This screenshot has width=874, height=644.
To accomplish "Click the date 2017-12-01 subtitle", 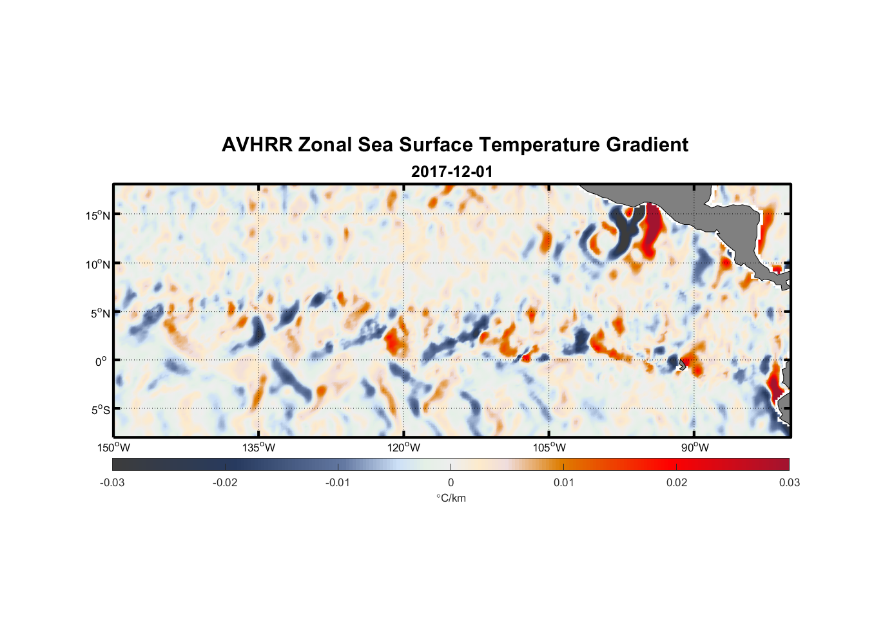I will pyautogui.click(x=452, y=172).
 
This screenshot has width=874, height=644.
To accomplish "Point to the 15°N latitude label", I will pyautogui.click(x=98, y=215).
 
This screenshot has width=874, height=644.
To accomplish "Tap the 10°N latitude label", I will pyautogui.click(x=98, y=264).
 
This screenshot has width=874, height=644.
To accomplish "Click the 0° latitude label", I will pyautogui.click(x=101, y=361).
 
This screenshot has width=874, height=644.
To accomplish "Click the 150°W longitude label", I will pyautogui.click(x=114, y=448).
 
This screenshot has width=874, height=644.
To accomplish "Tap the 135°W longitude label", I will pyautogui.click(x=259, y=448).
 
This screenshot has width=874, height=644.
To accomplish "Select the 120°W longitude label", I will pyautogui.click(x=404, y=448).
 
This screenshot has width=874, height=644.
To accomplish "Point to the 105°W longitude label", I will pyautogui.click(x=549, y=448).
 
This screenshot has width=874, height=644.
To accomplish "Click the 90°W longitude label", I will pyautogui.click(x=695, y=448).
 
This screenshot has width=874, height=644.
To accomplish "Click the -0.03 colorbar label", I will pyautogui.click(x=112, y=483).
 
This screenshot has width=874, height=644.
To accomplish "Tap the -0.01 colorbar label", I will pyautogui.click(x=338, y=483).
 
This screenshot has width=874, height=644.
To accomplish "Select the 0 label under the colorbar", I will pyautogui.click(x=451, y=483).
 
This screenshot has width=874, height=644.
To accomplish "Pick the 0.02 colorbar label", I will pyautogui.click(x=677, y=483).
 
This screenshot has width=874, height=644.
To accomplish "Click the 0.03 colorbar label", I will pyautogui.click(x=789, y=483).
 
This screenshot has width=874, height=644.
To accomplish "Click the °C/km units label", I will pyautogui.click(x=451, y=498).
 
